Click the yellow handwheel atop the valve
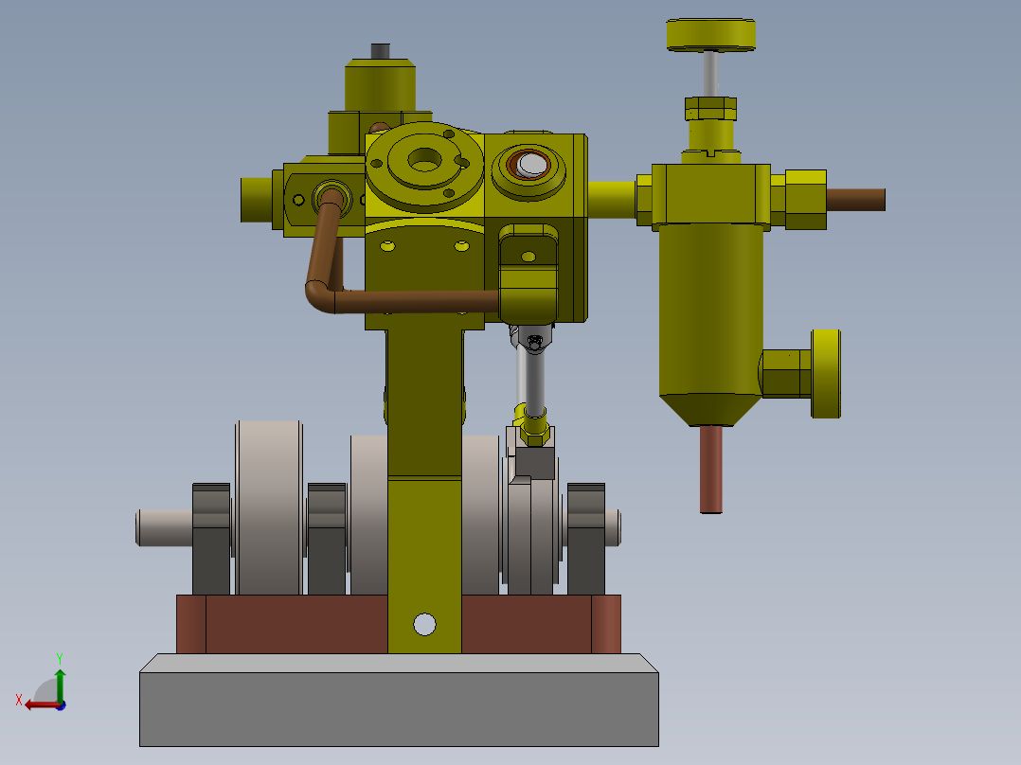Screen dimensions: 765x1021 tap(710, 35)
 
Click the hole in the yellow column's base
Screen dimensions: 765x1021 tap(424, 624)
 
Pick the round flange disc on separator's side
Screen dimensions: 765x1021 tap(826, 373)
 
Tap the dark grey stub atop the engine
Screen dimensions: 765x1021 tap(380, 50)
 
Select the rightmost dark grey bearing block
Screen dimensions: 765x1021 tap(586, 540)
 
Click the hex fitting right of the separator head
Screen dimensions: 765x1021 tap(804, 200)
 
